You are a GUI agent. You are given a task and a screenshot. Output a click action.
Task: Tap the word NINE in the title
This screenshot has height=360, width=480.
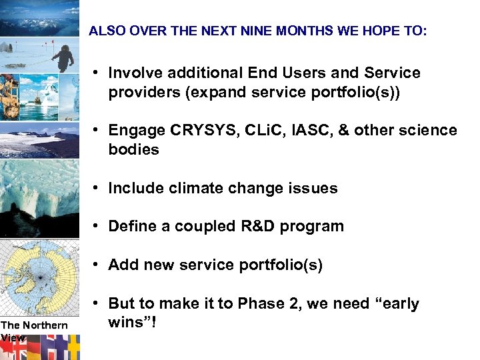(238, 31)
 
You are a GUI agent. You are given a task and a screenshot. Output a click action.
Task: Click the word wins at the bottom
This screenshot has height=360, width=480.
(128, 323)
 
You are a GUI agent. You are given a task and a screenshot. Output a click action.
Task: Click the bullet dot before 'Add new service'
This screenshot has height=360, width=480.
(97, 265)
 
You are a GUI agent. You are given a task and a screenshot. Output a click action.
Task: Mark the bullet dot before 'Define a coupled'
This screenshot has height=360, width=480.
(97, 227)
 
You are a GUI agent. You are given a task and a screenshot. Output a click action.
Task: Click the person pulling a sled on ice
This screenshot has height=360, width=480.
(64, 57)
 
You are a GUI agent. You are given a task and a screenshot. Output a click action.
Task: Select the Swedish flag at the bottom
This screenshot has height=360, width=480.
(73, 347)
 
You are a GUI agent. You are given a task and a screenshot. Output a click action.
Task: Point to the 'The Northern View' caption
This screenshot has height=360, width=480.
(33, 331)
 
